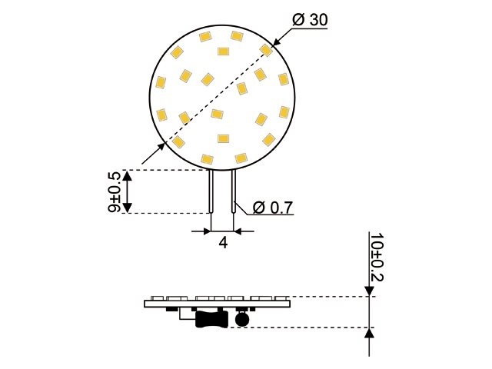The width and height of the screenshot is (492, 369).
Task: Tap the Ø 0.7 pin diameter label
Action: point(273,207)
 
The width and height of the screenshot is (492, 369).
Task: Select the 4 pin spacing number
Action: point(223,243)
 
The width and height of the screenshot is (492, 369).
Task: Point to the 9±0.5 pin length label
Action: point(113,191)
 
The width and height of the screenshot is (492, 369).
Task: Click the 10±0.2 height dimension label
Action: point(376,255)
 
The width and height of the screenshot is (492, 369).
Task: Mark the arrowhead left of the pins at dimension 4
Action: point(206,230)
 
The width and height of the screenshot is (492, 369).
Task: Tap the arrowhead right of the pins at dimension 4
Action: point(239,230)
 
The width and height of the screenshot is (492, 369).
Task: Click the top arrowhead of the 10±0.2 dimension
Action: point(371,290)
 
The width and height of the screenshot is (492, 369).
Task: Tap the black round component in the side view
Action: point(243,318)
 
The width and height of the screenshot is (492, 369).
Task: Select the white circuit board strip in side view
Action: point(217,304)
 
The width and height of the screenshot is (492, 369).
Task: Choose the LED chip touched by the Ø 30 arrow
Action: point(265,50)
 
